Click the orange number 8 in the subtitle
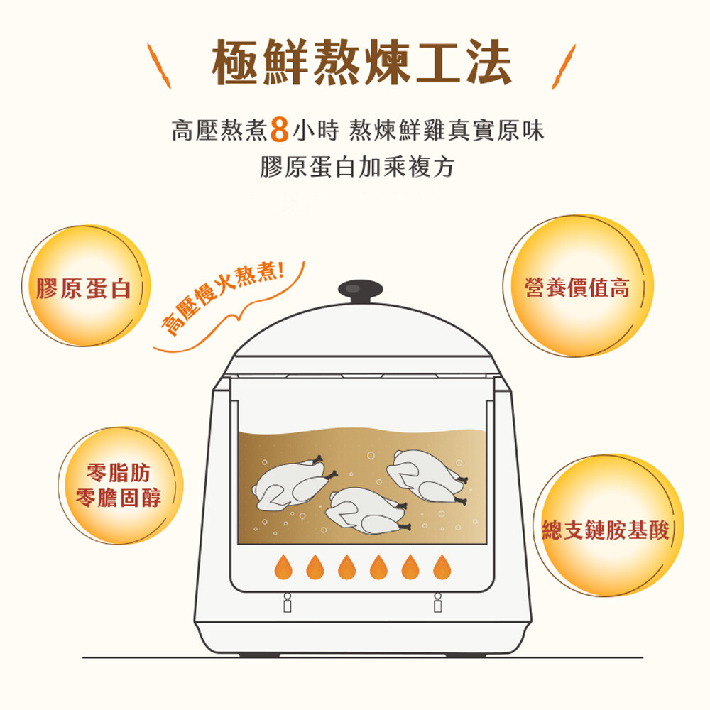(279, 129)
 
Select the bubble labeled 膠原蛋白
(86, 286)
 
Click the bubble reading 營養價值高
(578, 285)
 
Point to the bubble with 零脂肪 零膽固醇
(120, 485)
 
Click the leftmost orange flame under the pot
(283, 567)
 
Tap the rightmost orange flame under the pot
(442, 567)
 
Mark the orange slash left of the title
(159, 66)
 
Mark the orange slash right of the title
(564, 67)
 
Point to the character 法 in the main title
(489, 62)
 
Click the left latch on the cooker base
(287, 603)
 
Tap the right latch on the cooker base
(437, 603)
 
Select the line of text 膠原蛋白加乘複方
(357, 167)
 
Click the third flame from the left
(347, 567)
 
